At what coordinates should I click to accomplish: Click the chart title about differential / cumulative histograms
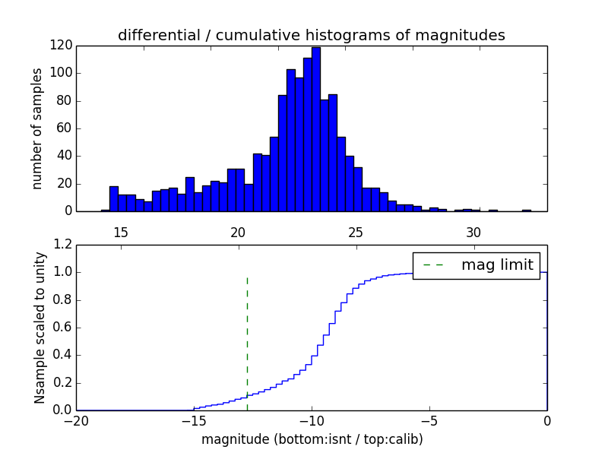[312, 35]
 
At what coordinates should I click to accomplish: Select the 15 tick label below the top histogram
[121, 232]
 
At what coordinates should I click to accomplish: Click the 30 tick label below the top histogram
[473, 232]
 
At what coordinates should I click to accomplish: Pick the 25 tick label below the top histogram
[356, 232]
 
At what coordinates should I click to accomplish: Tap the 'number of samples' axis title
[37, 128]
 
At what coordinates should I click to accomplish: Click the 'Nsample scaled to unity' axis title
[40, 328]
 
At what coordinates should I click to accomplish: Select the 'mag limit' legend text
[497, 264]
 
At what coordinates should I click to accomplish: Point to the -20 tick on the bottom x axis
[76, 420]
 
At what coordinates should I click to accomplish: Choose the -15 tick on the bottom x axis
[194, 420]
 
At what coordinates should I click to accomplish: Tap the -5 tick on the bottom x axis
[429, 420]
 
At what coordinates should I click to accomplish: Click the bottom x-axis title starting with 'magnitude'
[312, 439]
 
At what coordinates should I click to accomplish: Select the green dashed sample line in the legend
[434, 264]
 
